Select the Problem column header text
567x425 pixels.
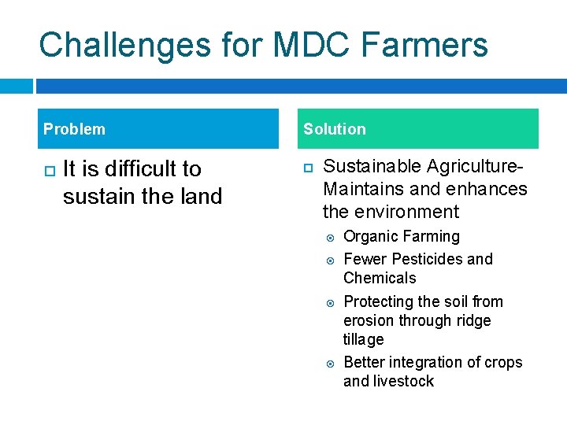74,129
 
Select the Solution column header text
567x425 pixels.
335,129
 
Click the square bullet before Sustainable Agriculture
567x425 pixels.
309,168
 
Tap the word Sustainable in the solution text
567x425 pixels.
372,167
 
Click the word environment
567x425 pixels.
406,212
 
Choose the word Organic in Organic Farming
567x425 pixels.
372,237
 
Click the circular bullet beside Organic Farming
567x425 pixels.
331,237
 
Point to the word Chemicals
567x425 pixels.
380,278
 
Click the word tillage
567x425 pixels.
363,339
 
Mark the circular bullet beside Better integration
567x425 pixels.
331,363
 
